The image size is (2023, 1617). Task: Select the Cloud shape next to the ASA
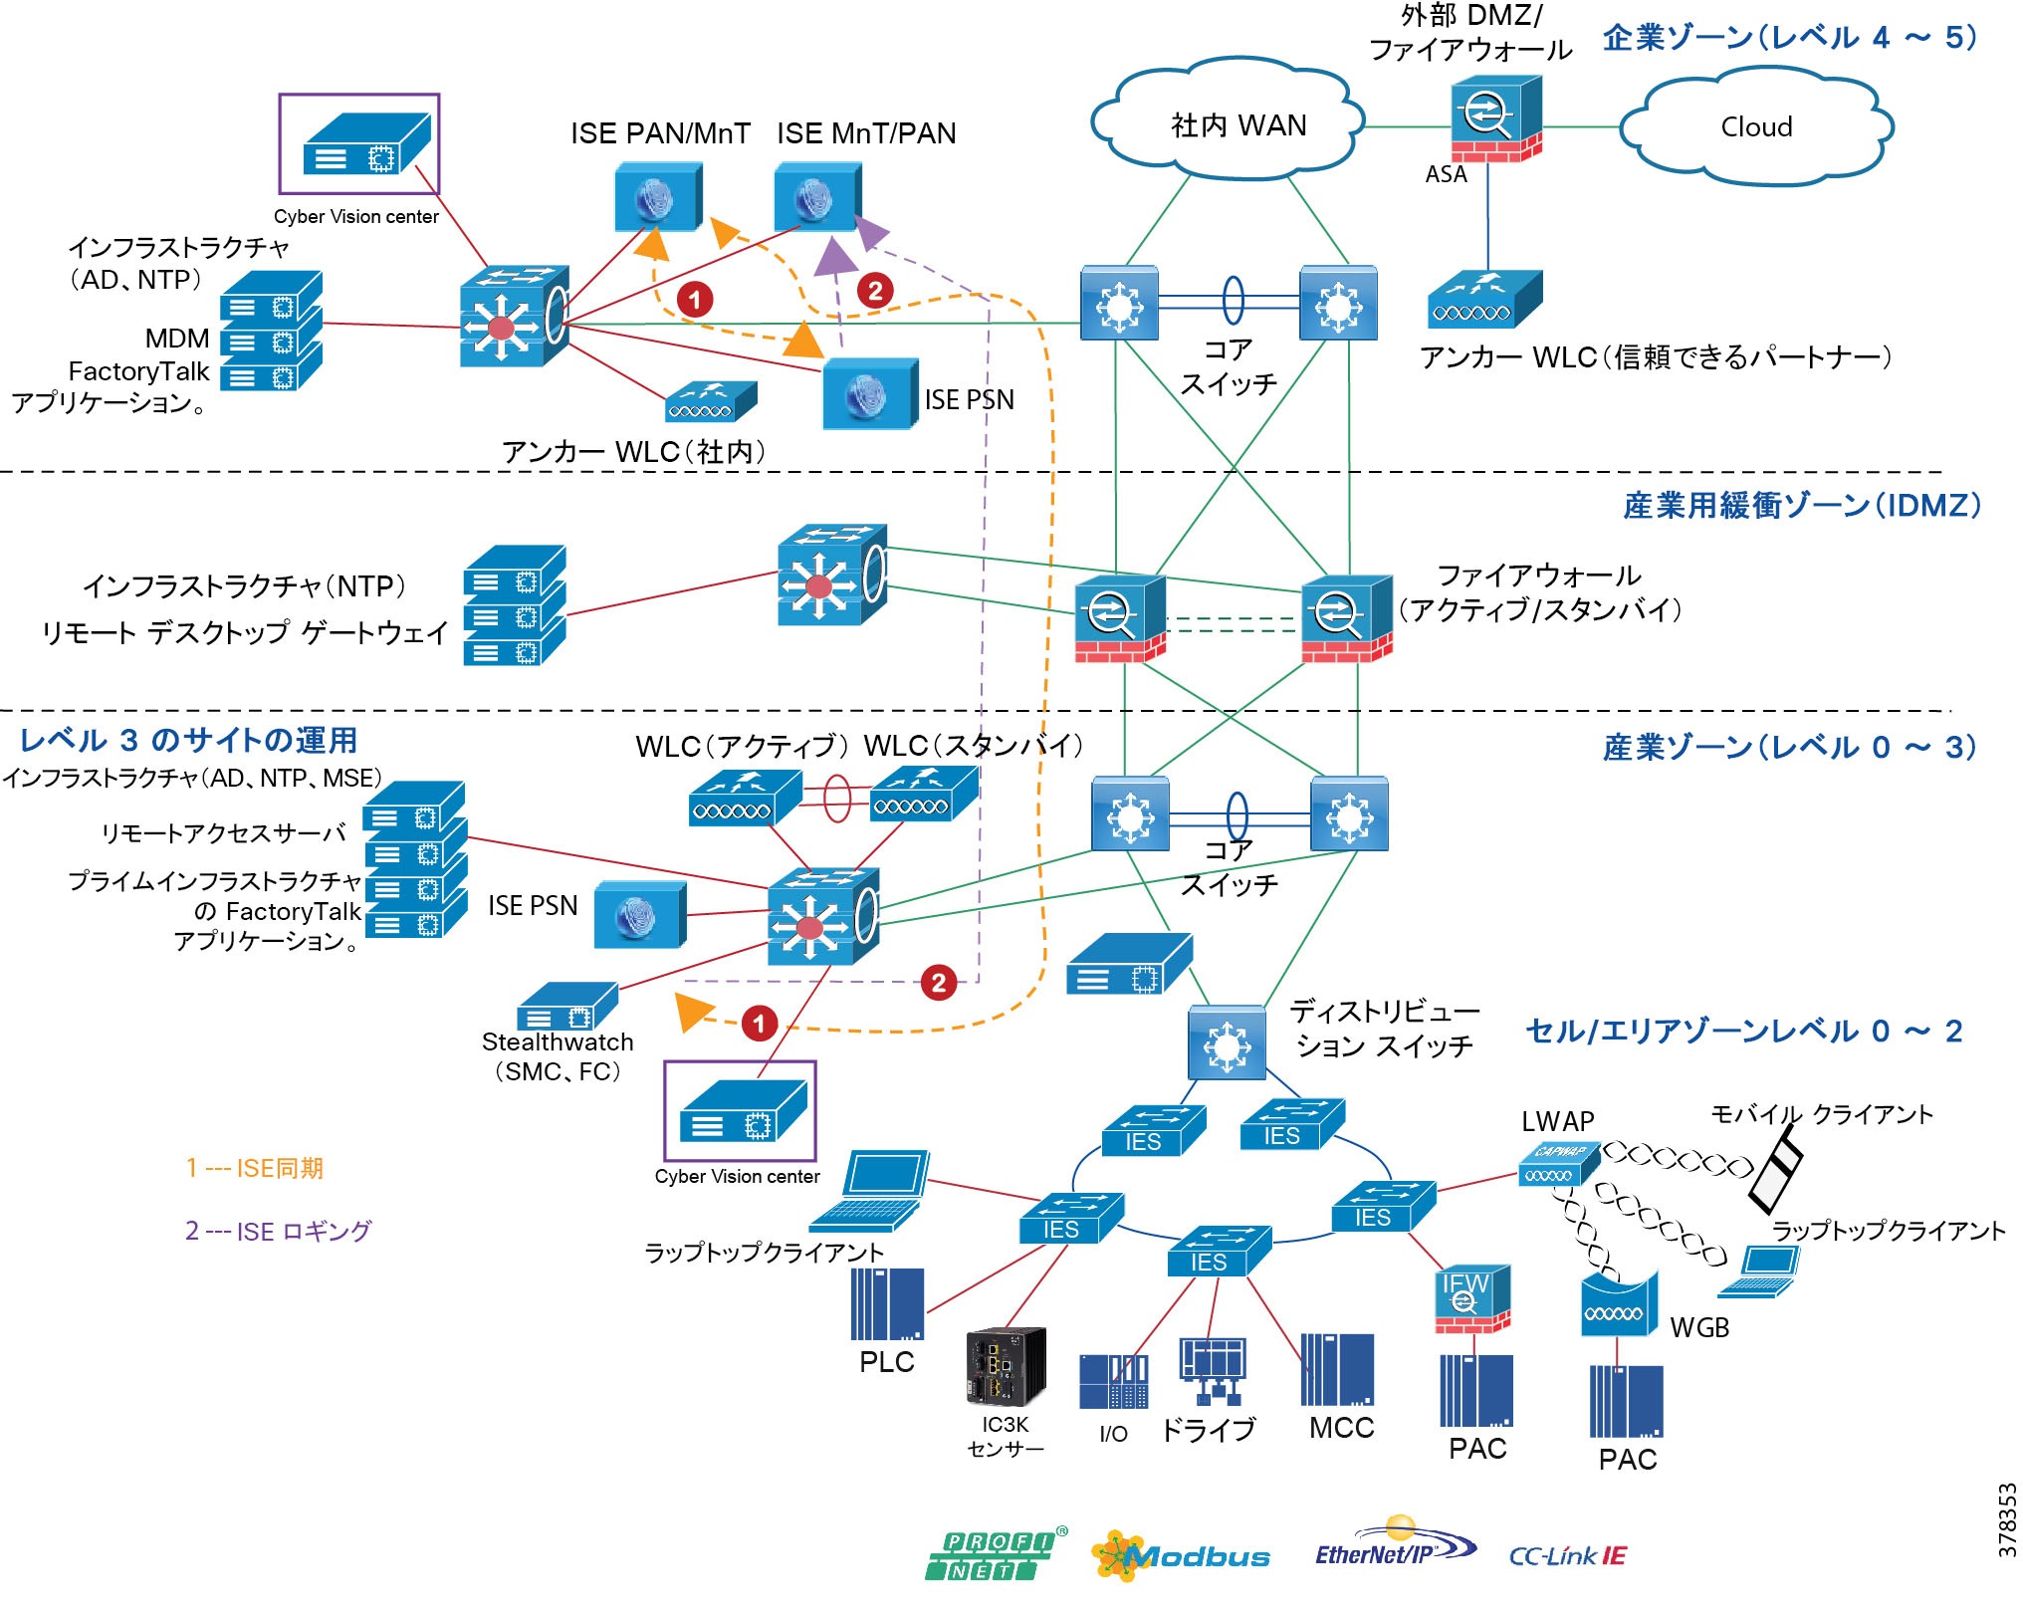pyautogui.click(x=1756, y=126)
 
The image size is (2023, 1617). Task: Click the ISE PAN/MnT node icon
pyautogui.click(x=657, y=197)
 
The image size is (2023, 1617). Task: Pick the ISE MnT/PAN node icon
pyautogui.click(x=817, y=198)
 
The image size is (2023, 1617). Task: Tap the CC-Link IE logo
pyautogui.click(x=1567, y=1555)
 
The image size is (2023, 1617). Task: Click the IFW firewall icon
pyautogui.click(x=1471, y=1296)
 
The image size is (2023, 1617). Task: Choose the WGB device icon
pyautogui.click(x=1619, y=1304)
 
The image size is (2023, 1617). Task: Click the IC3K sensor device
pyautogui.click(x=1006, y=1365)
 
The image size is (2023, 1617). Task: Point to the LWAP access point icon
pyautogui.click(x=1558, y=1164)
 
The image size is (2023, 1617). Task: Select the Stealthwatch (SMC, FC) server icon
pyautogui.click(x=567, y=1007)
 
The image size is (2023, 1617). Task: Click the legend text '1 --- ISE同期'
pyautogui.click(x=254, y=1168)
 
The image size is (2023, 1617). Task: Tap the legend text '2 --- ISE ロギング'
pyautogui.click(x=278, y=1231)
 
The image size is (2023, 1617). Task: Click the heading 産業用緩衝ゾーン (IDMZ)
pyautogui.click(x=1801, y=506)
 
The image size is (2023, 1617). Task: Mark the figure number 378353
pyautogui.click(x=2007, y=1519)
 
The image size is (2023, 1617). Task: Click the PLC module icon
pyautogui.click(x=887, y=1304)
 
